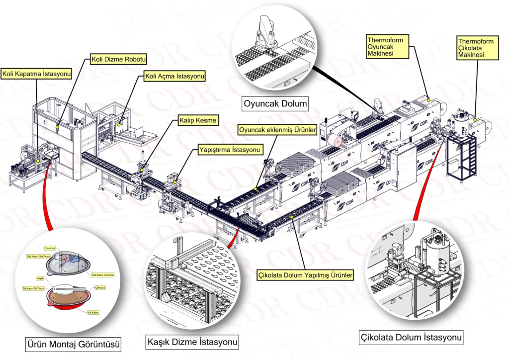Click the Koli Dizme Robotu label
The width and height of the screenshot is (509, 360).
(119, 60)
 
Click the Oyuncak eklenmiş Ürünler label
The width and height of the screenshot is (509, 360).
(277, 130)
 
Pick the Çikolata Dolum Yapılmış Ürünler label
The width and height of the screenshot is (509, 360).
(306, 274)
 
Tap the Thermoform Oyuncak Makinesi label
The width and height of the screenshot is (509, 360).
(384, 46)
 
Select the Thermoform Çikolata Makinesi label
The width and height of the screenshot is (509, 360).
(476, 48)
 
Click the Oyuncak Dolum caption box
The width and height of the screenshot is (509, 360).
(275, 104)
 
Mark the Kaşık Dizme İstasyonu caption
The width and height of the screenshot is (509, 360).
(191, 343)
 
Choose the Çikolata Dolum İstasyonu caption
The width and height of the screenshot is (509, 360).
(411, 338)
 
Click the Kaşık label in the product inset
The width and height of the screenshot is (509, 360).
(40, 278)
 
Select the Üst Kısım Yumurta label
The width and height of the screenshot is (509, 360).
(103, 274)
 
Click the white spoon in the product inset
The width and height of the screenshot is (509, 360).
(69, 289)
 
